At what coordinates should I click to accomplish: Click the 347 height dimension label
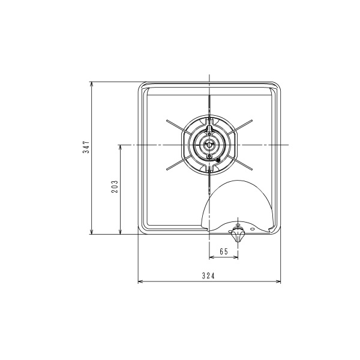pyautogui.click(x=86, y=147)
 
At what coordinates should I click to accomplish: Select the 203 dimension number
pyautogui.click(x=115, y=187)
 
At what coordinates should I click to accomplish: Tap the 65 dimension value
pyautogui.click(x=224, y=251)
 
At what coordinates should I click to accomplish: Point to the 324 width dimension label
pyautogui.click(x=208, y=275)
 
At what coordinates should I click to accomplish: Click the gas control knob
pyautogui.click(x=238, y=235)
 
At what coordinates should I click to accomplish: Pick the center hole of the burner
pyautogui.click(x=209, y=145)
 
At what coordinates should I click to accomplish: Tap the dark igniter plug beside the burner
pyautogui.click(x=218, y=160)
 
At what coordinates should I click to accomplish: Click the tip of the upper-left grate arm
pyautogui.click(x=167, y=121)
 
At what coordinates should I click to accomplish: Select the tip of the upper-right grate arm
pyautogui.click(x=251, y=121)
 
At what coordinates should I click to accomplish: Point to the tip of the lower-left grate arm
pyautogui.click(x=167, y=169)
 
